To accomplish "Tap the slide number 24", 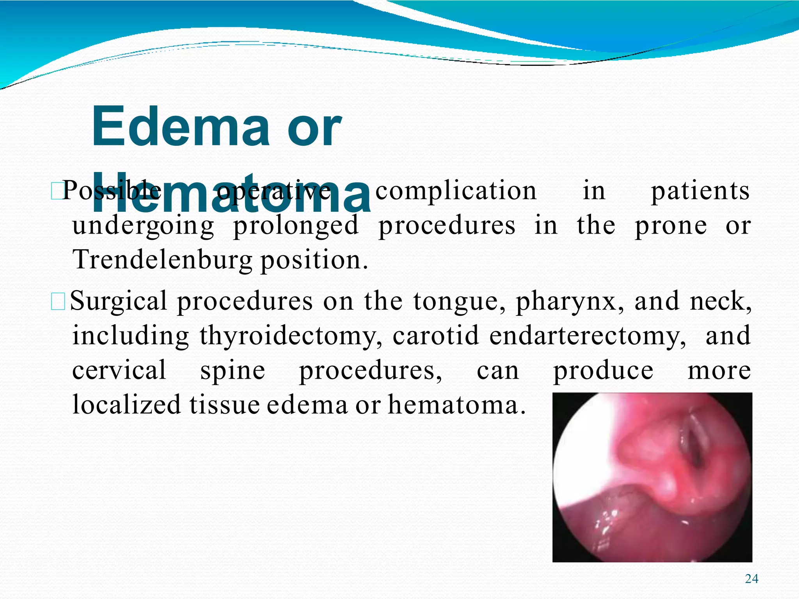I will click(x=751, y=579).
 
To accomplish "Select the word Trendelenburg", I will click(x=162, y=260).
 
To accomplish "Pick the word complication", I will click(x=456, y=191).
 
